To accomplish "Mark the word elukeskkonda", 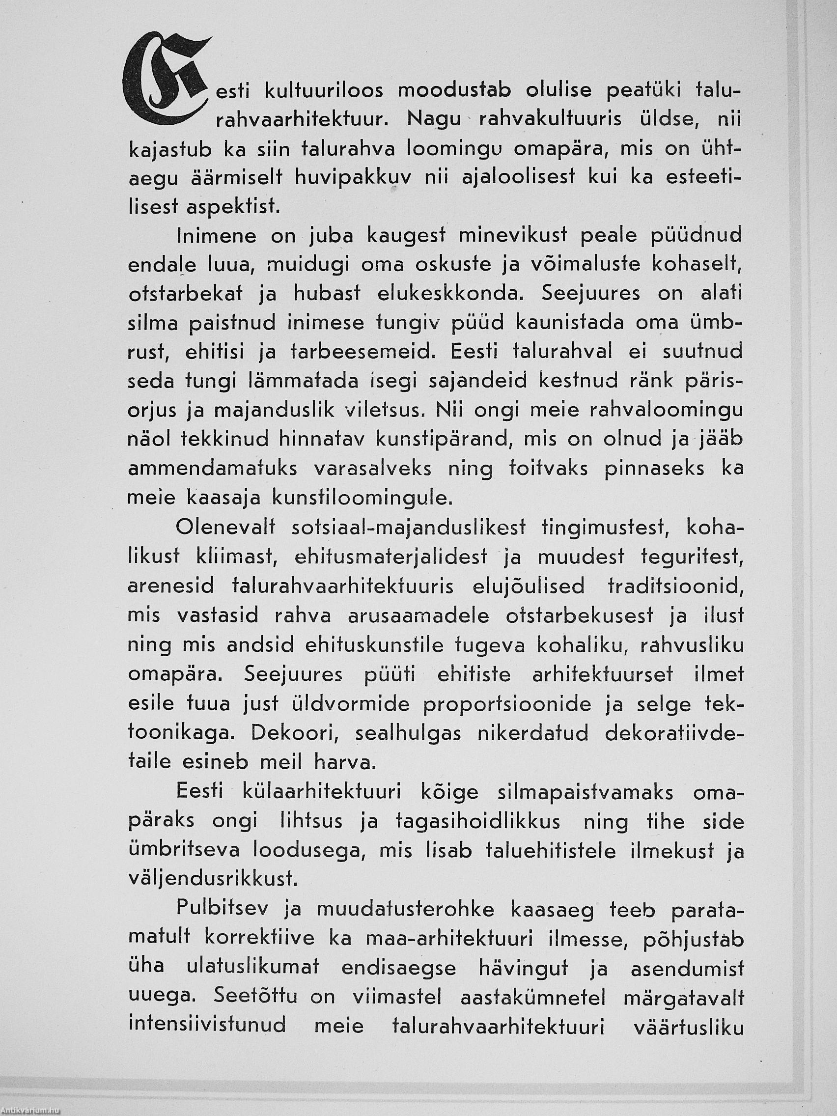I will (x=448, y=294).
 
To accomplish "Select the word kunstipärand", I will (x=444, y=440).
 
